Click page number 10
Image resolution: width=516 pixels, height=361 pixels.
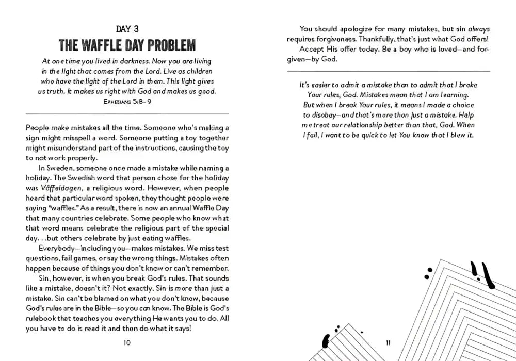127,342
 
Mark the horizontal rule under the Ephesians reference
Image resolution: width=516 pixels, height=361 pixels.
127,113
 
